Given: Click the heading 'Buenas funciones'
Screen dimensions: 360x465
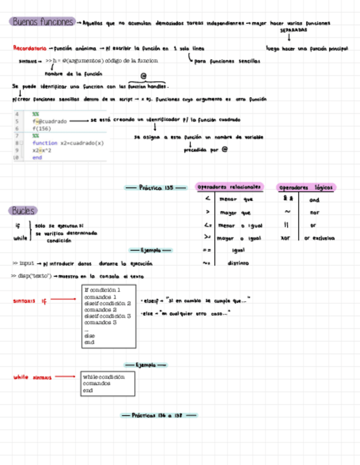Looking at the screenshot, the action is (x=42, y=22).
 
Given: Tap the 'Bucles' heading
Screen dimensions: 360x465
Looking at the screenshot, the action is (x=23, y=211).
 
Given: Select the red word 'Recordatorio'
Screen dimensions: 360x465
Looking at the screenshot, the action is (x=30, y=48).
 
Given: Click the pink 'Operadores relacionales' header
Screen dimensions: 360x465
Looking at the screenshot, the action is (x=230, y=187).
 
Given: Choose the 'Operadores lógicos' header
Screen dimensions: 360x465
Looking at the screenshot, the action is (x=306, y=188).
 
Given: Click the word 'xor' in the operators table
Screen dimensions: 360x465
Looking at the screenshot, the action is (x=285, y=238).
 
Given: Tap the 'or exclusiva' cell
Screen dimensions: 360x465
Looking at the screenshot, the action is (x=319, y=238).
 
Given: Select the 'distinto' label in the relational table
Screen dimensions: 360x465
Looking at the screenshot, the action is (x=238, y=263).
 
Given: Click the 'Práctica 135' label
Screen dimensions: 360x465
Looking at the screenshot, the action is (x=156, y=188).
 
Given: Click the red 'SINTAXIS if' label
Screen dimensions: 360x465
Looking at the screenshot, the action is (x=30, y=300).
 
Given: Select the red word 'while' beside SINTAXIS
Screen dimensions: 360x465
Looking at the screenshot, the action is (x=20, y=377).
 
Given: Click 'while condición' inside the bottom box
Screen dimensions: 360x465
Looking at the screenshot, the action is (x=104, y=377).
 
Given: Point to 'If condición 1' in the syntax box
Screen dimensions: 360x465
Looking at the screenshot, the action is (x=103, y=290).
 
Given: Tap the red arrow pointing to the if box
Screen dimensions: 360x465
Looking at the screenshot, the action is (x=64, y=299).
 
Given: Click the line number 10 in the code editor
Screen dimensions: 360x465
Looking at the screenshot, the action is (x=16, y=157).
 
